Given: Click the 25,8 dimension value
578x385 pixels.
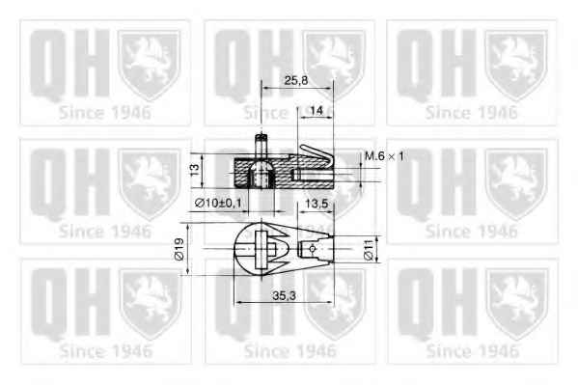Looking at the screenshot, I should [296, 83].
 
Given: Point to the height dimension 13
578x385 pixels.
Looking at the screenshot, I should [194, 170].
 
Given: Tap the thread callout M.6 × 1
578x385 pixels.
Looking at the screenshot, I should [385, 156].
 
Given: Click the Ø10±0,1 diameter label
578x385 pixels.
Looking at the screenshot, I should [218, 203].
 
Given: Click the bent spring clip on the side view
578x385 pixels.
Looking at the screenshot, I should [315, 156].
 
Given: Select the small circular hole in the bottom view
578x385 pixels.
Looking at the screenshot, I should [314, 250].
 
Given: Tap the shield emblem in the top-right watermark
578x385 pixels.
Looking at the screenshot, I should [515, 63].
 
